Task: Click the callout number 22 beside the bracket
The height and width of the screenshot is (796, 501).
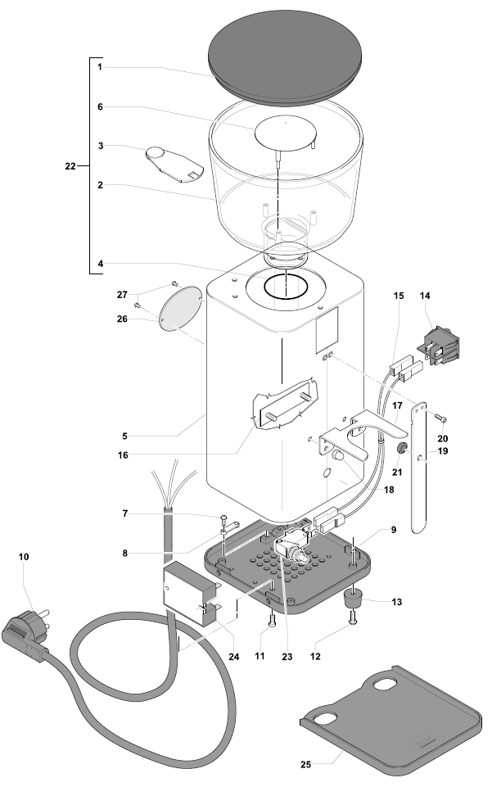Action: coord(70,166)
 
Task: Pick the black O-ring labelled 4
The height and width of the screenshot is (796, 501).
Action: coord(284,287)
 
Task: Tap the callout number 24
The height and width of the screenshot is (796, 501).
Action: coord(234,655)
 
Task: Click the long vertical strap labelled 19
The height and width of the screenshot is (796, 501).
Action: coord(419,467)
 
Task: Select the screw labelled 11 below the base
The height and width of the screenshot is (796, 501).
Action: coord(269,628)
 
